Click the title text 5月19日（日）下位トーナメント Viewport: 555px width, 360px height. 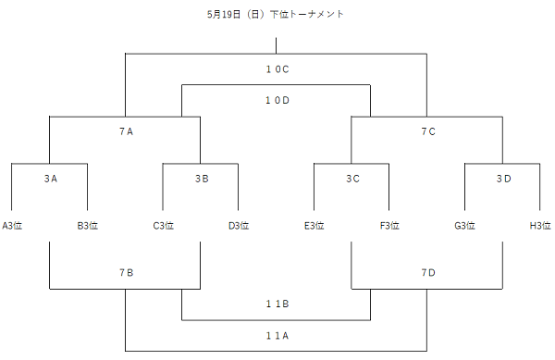(277, 15)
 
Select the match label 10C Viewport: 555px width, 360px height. (277, 68)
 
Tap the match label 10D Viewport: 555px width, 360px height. (277, 100)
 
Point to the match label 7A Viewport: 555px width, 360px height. (126, 131)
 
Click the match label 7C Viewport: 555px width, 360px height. (427, 131)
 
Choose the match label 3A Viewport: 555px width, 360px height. (50, 179)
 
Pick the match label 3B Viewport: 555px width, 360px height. (202, 179)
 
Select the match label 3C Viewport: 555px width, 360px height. (352, 179)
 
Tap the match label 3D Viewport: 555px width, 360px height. (503, 179)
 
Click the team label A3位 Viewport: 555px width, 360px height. (12, 225)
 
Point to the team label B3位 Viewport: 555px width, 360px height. (88, 225)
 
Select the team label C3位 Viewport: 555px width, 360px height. (164, 225)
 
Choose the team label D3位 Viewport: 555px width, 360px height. (239, 225)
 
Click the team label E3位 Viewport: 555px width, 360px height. (314, 225)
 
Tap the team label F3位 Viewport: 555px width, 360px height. (389, 225)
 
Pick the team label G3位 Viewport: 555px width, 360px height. (465, 225)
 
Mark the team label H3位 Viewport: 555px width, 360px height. (540, 225)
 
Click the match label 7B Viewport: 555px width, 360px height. (126, 273)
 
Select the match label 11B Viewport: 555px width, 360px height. (277, 304)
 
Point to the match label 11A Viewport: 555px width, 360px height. (277, 335)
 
